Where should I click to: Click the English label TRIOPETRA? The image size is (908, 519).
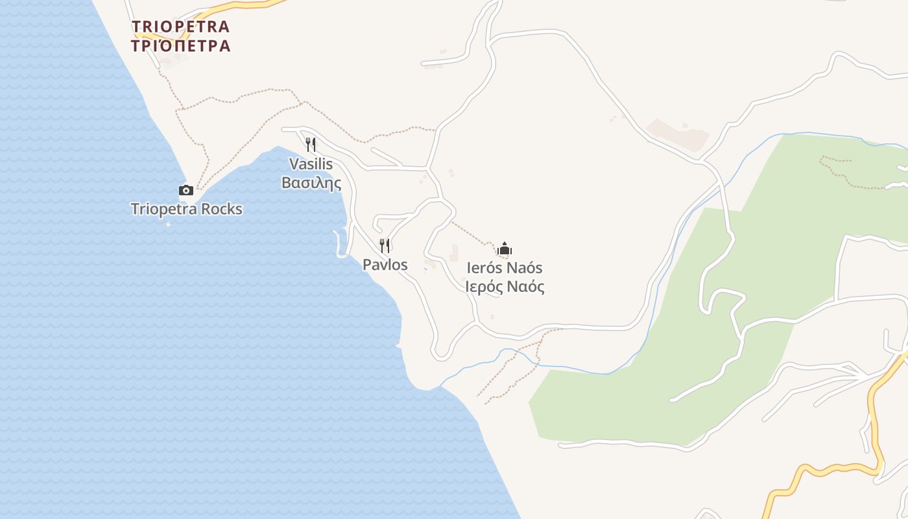180,27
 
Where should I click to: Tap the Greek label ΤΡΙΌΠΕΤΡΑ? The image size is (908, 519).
180,46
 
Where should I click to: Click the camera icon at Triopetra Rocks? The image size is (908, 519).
186,190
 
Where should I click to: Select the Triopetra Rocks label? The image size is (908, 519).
186,209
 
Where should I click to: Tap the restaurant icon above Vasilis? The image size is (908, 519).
311,144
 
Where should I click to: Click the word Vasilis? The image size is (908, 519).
311,163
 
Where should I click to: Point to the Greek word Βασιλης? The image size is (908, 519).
311,183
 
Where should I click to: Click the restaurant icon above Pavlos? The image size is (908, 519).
385,245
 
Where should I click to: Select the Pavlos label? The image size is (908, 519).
385,265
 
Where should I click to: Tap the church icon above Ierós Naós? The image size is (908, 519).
505,248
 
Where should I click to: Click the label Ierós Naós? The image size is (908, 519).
505,268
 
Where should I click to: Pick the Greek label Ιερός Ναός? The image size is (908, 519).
505,287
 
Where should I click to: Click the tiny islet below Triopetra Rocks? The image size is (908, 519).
169,224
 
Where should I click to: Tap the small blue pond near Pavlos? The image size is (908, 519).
425,269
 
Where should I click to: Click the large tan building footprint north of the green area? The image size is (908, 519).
678,134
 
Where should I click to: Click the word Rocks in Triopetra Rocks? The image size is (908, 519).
221,209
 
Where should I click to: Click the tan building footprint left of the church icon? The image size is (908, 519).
454,253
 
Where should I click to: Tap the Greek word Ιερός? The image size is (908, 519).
484,287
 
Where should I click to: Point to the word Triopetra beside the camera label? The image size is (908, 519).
163,209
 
